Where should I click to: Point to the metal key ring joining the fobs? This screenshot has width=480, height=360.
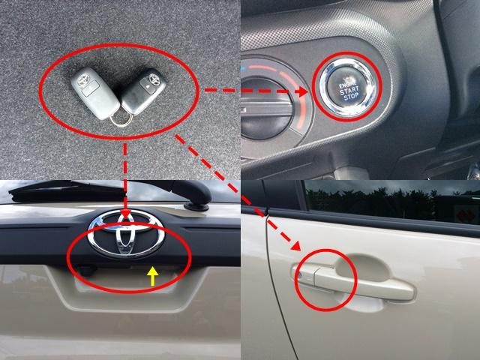pos(120,115)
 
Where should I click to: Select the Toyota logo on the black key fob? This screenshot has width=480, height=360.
pos(151,77)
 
